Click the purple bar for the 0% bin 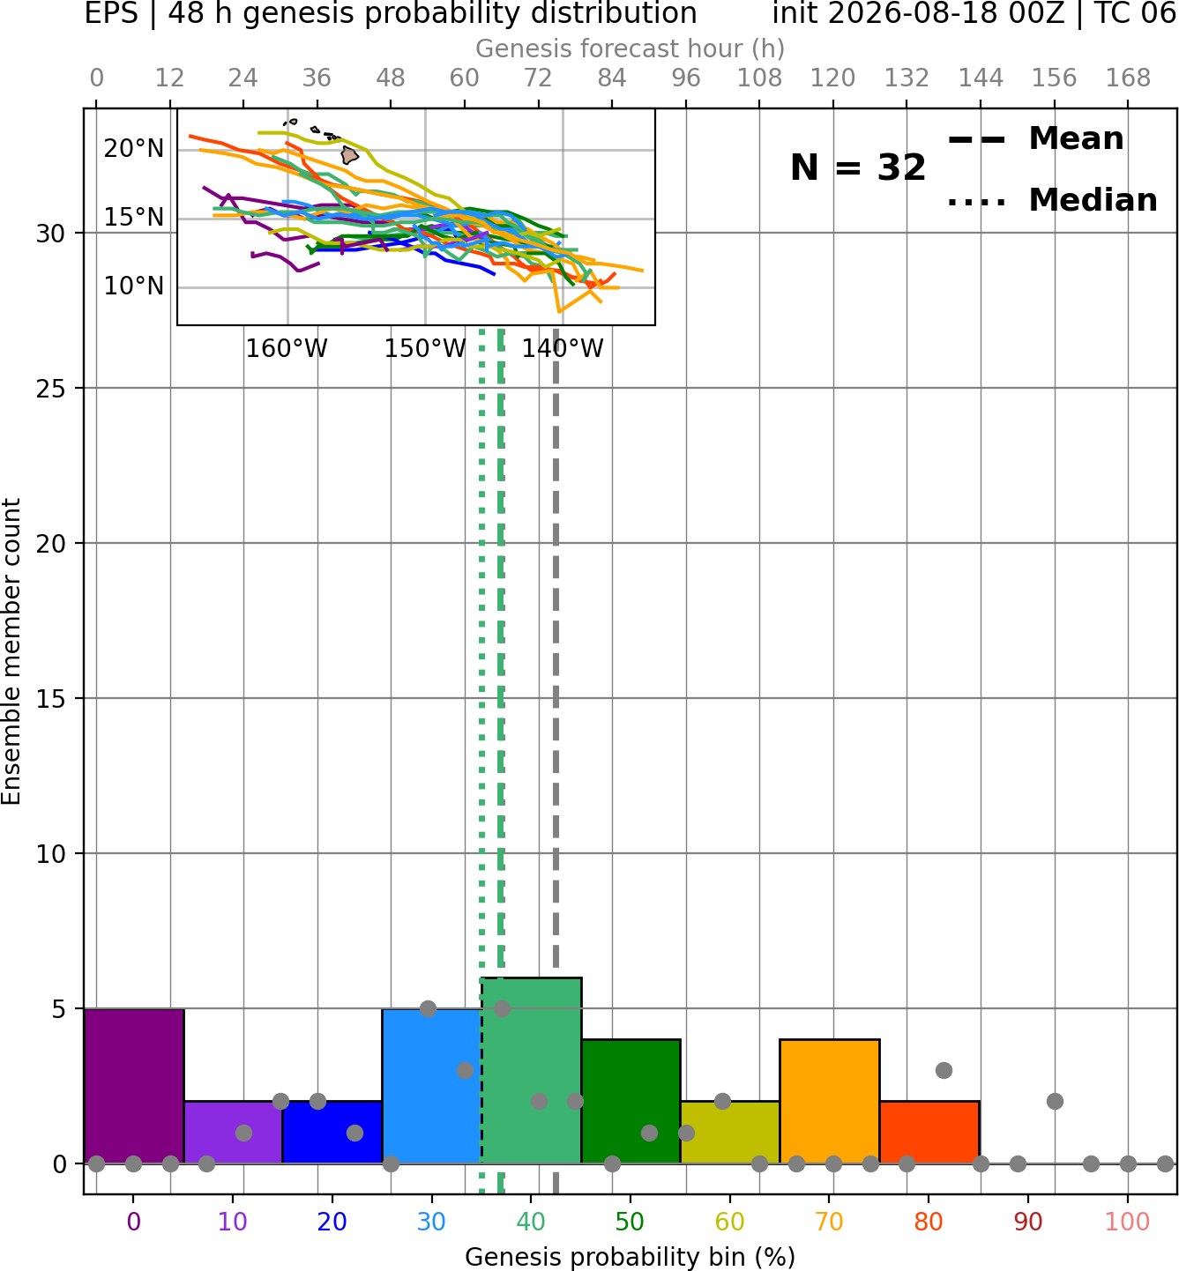pyautogui.click(x=134, y=1086)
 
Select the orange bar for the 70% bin pyautogui.click(x=829, y=1102)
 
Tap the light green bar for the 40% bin pyautogui.click(x=532, y=1071)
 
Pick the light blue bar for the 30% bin pyautogui.click(x=431, y=1086)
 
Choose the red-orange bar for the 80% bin pyautogui.click(x=929, y=1132)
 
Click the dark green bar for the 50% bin pyautogui.click(x=631, y=1102)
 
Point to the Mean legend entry pyautogui.click(x=1035, y=139)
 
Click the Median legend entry pyautogui.click(x=1052, y=200)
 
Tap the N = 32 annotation pyautogui.click(x=857, y=167)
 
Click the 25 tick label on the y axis pyautogui.click(x=51, y=389)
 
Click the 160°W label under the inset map pyautogui.click(x=287, y=349)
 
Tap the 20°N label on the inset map pyautogui.click(x=134, y=149)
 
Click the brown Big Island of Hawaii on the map pyautogui.click(x=349, y=155)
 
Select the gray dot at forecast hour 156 pyautogui.click(x=1055, y=1102)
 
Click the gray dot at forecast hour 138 pyautogui.click(x=944, y=1071)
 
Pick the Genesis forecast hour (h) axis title pyautogui.click(x=631, y=48)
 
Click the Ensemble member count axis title pyautogui.click(x=11, y=651)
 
